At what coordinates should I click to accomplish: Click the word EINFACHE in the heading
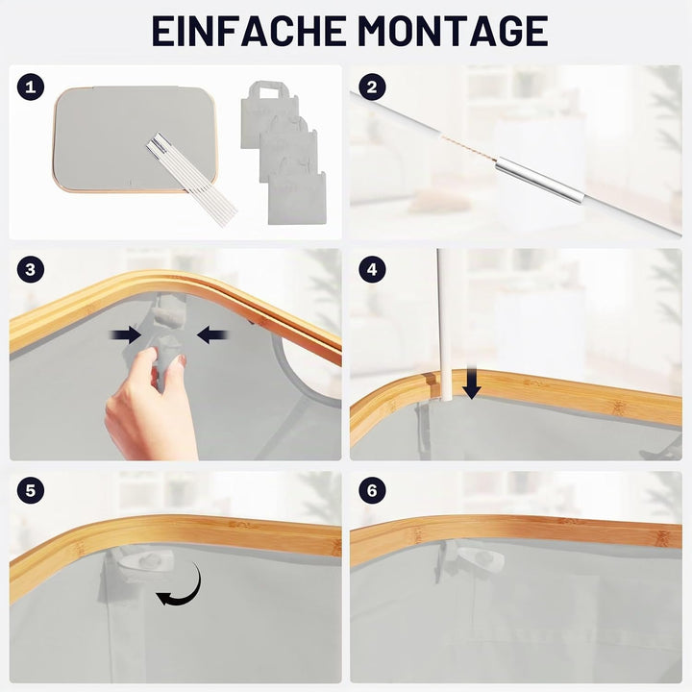249,31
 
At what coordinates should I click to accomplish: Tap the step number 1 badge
31,86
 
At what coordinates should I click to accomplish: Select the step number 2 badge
372,86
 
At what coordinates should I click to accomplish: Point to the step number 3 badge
31,269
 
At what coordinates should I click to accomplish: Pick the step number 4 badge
372,269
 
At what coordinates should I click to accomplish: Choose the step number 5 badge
31,490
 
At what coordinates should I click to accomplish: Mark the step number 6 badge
372,490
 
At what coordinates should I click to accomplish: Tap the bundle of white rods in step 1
192,181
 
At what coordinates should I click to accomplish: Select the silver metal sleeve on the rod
540,180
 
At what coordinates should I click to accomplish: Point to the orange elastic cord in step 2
468,148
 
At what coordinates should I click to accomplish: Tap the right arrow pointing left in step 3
212,335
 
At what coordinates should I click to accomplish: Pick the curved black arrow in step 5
181,584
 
